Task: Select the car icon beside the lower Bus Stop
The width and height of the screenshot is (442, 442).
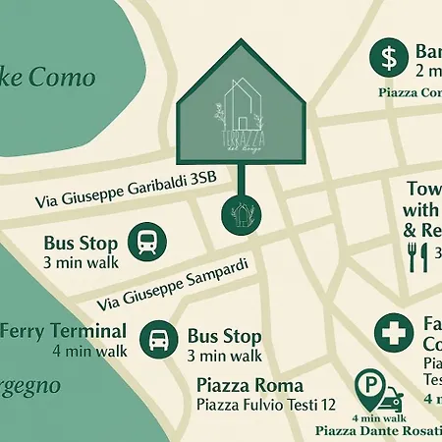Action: [x=159, y=340]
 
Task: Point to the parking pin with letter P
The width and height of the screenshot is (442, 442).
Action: [x=368, y=389]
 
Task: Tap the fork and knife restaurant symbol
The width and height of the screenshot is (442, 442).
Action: [x=417, y=257]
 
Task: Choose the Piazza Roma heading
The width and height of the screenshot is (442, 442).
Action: [x=249, y=385]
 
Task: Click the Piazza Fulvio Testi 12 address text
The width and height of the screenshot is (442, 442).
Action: [x=266, y=405]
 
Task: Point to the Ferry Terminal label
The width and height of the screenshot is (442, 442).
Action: [x=62, y=331]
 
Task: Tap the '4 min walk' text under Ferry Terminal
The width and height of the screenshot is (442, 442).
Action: [x=90, y=350]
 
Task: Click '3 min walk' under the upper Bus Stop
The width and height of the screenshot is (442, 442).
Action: [x=81, y=262]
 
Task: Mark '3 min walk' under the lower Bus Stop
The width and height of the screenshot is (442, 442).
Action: [x=224, y=357]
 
